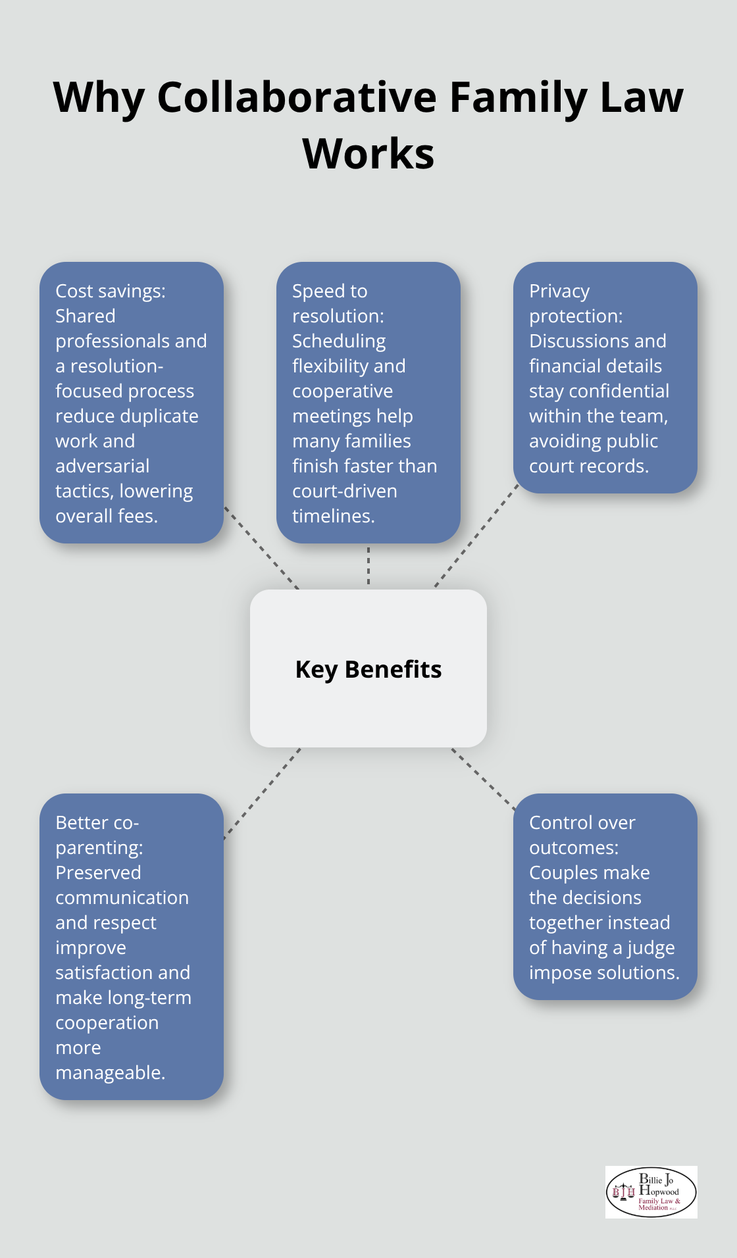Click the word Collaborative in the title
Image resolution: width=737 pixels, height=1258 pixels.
297,97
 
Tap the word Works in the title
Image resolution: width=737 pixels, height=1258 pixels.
368,154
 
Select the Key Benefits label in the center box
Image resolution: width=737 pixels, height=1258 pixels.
368,669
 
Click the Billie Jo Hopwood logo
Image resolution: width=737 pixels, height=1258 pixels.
651,1192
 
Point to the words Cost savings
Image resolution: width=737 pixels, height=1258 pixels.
110,291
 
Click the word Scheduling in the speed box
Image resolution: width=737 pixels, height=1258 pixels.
339,341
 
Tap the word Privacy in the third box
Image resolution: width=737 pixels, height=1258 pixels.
559,291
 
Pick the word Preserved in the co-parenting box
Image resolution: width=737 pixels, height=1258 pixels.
98,872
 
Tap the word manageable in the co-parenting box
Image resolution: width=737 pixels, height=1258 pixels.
110,1073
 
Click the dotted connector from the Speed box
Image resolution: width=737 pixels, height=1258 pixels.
368,566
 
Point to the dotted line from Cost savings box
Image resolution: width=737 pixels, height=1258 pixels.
261,547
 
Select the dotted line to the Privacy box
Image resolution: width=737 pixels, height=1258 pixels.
477,536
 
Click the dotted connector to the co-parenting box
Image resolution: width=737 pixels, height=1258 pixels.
262,793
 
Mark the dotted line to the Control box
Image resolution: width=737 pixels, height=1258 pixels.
484,778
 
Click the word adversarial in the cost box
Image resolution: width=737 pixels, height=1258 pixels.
102,466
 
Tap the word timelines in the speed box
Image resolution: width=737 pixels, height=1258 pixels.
334,516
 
